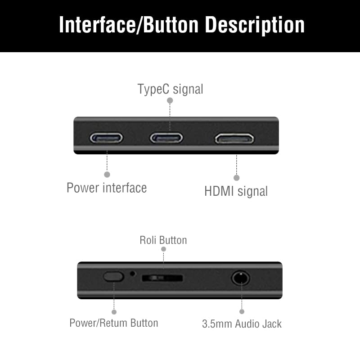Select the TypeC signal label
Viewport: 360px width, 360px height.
click(170, 89)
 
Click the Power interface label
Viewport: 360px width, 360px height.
click(107, 187)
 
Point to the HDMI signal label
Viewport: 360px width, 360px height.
click(236, 191)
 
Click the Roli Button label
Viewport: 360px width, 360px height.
click(163, 240)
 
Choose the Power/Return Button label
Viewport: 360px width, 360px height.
click(114, 323)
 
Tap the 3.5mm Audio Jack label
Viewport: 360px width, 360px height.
click(242, 324)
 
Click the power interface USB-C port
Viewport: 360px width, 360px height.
click(106, 137)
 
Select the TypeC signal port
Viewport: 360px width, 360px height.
click(166, 137)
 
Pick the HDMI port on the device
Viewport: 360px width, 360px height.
click(234, 138)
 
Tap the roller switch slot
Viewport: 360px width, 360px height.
click(162, 278)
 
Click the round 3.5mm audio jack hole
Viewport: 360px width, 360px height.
click(241, 278)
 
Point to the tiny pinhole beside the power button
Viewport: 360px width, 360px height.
click(132, 273)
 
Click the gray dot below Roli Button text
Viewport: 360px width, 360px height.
click(163, 249)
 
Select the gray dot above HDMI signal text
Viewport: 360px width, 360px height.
click(237, 178)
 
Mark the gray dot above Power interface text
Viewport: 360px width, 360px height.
click(107, 174)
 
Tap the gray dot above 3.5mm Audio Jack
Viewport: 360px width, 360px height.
click(242, 311)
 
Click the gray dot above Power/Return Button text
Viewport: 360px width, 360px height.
click(114, 311)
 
